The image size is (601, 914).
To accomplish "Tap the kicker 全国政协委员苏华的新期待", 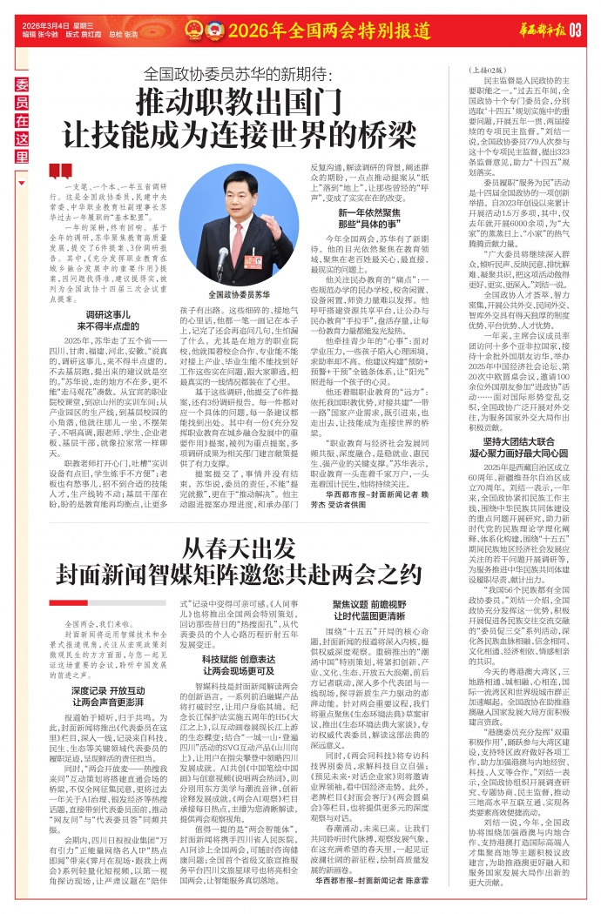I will [x=241, y=73].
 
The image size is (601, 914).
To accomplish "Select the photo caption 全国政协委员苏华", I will [x=238, y=295].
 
